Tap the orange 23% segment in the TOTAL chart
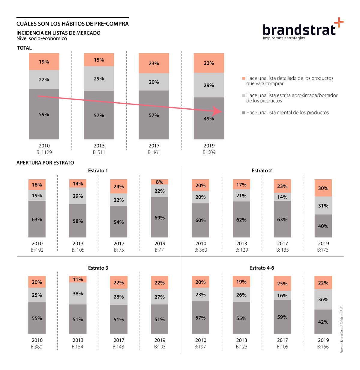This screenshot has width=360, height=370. [x=154, y=63]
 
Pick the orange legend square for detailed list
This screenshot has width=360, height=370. [x=244, y=78]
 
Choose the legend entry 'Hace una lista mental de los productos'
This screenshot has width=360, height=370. [x=287, y=113]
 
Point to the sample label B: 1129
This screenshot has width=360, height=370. [x=44, y=152]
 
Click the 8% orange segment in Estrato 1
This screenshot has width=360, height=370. [x=160, y=182]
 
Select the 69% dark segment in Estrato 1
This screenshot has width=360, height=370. [x=160, y=217]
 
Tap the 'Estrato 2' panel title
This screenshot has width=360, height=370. [x=262, y=171]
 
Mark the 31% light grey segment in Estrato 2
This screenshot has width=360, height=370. [x=323, y=206]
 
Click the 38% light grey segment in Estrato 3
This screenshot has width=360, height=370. [x=78, y=293]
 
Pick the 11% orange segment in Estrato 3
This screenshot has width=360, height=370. [x=78, y=279]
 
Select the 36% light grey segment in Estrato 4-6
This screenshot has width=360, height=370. [x=323, y=299]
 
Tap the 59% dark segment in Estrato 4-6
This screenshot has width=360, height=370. [x=282, y=317]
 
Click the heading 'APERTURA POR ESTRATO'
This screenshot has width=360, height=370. [x=45, y=163]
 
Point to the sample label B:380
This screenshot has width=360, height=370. [x=37, y=347]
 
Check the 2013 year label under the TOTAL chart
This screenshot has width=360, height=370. [x=99, y=146]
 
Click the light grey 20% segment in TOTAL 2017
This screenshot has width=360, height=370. [x=154, y=82]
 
